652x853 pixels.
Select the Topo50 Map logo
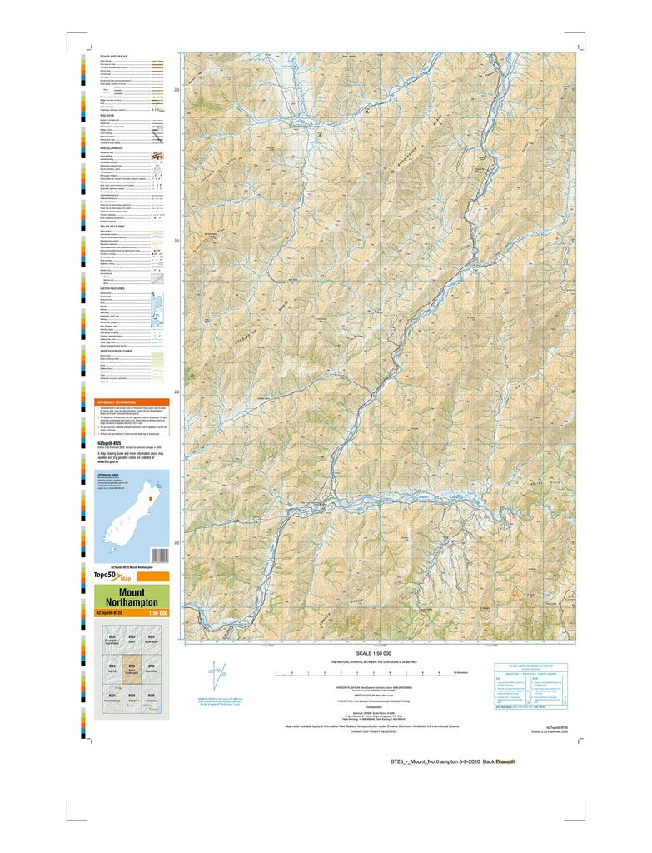tap(114, 576)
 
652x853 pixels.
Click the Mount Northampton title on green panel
tap(132, 597)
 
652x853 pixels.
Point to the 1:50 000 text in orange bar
tap(157, 613)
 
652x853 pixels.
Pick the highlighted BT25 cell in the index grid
tap(132, 671)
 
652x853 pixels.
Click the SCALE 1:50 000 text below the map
tap(380, 653)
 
